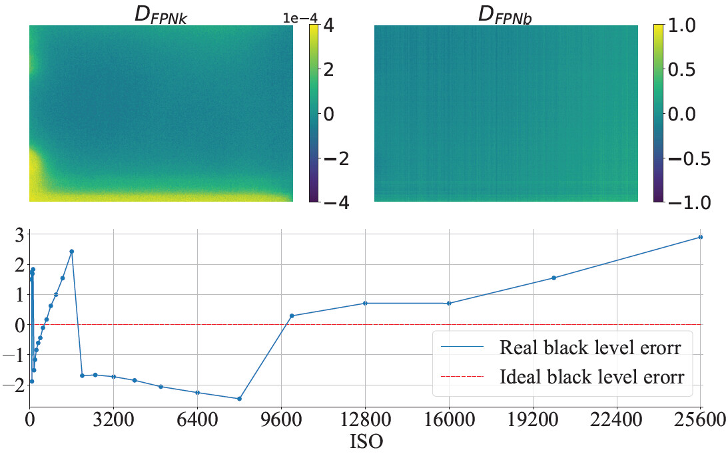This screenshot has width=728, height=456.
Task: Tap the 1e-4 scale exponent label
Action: pyautogui.click(x=296, y=18)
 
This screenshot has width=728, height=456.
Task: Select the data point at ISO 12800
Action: pyautogui.click(x=365, y=303)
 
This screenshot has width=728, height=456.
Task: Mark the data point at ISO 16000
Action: pyautogui.click(x=449, y=303)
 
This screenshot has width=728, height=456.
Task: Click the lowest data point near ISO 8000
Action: pyautogui.click(x=239, y=399)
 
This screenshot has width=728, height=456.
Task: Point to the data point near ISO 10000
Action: pyautogui.click(x=292, y=316)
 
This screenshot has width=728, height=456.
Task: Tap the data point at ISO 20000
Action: pyautogui.click(x=553, y=278)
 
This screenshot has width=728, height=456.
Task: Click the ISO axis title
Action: pyautogui.click(x=366, y=442)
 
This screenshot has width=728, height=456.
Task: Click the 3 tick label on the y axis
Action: pyautogui.click(x=19, y=234)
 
